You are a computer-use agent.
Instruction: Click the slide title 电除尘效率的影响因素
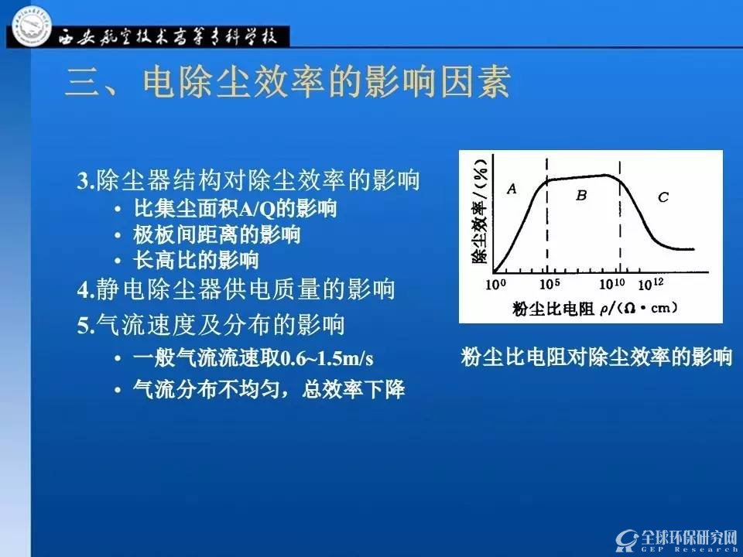pyautogui.click(x=327, y=82)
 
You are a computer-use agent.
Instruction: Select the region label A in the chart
pyautogui.click(x=512, y=190)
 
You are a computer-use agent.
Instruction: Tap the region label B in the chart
pyautogui.click(x=581, y=195)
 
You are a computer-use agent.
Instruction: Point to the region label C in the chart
pyautogui.click(x=663, y=197)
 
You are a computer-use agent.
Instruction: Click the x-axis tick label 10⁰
pyautogui.click(x=495, y=284)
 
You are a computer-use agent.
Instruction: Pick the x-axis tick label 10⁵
pyautogui.click(x=550, y=284)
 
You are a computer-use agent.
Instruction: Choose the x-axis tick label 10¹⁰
pyautogui.click(x=611, y=284)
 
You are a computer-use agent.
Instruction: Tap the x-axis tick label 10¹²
pyautogui.click(x=651, y=284)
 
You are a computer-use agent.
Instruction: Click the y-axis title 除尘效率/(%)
pyautogui.click(x=480, y=210)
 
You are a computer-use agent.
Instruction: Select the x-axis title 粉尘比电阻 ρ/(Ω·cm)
pyautogui.click(x=595, y=309)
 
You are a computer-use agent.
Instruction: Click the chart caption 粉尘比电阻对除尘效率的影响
pyautogui.click(x=597, y=357)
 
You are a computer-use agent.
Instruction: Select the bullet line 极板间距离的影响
pyautogui.click(x=217, y=234)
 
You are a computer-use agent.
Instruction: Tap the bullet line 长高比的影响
pyautogui.click(x=196, y=260)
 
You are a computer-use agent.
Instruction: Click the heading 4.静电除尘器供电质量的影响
pyautogui.click(x=236, y=289)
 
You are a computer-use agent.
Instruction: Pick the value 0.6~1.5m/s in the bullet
pyautogui.click(x=327, y=358)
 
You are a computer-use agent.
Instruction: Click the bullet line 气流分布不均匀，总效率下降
pyautogui.click(x=269, y=390)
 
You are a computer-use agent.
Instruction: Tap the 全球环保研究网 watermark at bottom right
pyautogui.click(x=678, y=540)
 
